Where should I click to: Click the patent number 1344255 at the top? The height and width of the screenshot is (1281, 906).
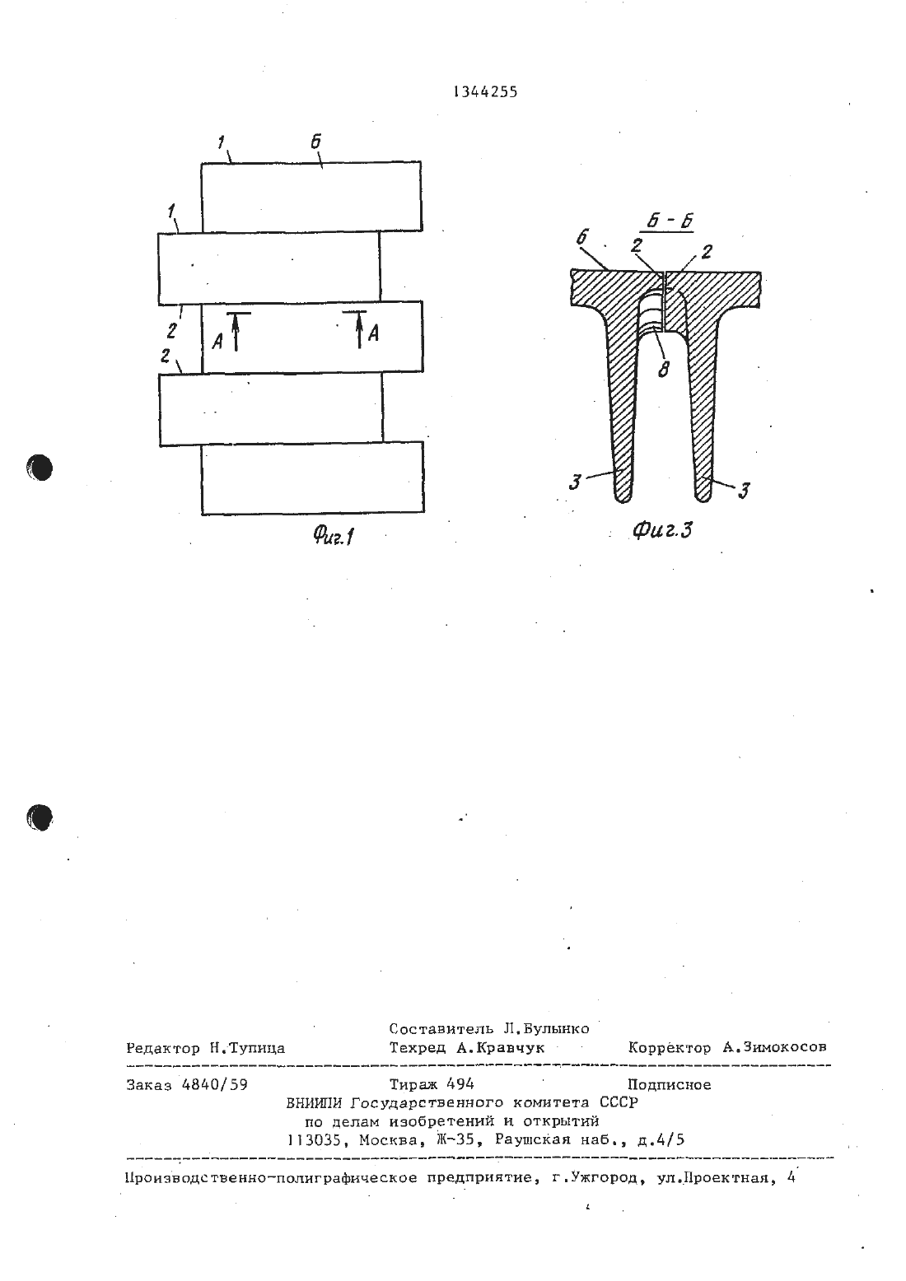coord(485,92)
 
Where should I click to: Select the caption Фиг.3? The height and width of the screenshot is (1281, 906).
coord(662,531)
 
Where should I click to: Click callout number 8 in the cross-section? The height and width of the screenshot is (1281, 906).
coord(663,370)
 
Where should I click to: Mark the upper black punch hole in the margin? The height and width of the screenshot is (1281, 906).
coord(40,468)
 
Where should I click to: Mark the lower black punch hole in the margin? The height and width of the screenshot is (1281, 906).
coord(40,817)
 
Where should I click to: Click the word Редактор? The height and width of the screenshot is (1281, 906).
coord(163,1048)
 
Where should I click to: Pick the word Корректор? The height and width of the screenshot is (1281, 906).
coord(669,1047)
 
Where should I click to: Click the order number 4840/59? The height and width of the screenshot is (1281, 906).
coord(214,1085)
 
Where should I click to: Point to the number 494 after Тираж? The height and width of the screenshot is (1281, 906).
coord(460,1084)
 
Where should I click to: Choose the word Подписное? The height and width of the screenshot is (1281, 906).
coord(669,1085)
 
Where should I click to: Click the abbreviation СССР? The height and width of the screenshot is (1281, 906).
coord(619,1102)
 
